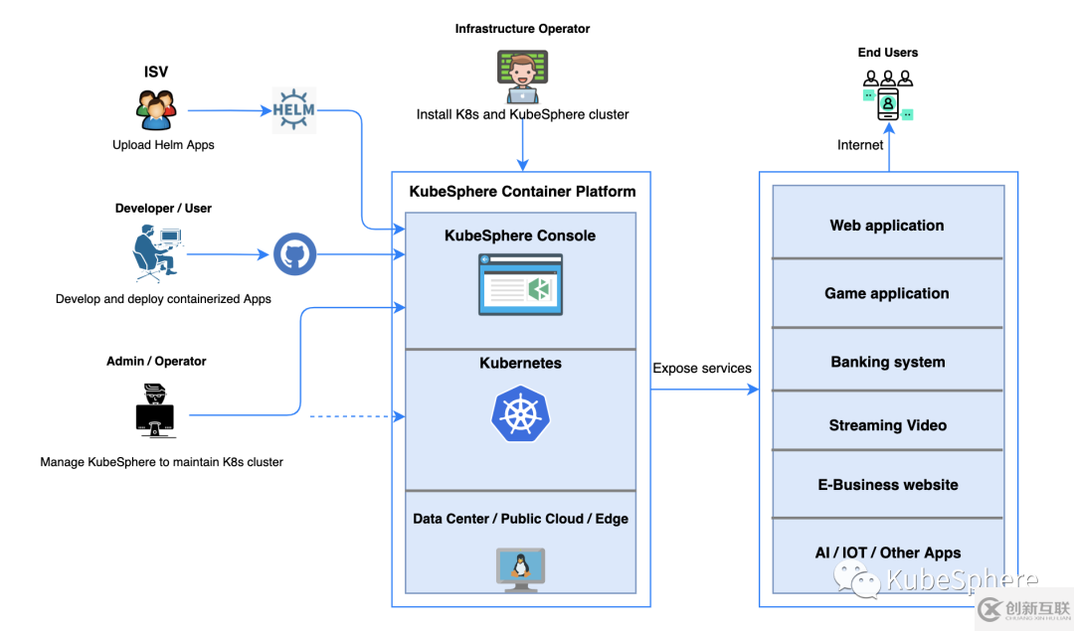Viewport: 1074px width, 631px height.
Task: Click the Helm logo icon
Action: [x=293, y=110]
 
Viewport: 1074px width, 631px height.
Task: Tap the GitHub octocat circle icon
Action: [x=294, y=254]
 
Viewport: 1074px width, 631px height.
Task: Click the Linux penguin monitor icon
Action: [x=520, y=569]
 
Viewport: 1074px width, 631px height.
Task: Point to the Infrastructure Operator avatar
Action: [x=522, y=78]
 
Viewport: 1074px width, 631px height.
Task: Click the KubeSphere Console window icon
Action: [x=520, y=284]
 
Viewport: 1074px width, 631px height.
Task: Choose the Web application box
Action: [x=887, y=226]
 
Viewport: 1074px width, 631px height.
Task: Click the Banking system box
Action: [x=887, y=362]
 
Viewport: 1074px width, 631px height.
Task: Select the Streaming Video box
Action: [x=887, y=425]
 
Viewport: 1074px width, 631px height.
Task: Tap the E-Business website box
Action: [x=887, y=485]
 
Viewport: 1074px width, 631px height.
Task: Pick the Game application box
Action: [x=887, y=293]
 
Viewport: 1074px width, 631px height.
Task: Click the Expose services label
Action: [x=702, y=369]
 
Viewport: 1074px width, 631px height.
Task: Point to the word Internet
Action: [x=860, y=145]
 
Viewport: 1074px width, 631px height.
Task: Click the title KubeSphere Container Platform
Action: [x=522, y=192]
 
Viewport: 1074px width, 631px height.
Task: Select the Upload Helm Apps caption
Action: [x=163, y=145]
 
